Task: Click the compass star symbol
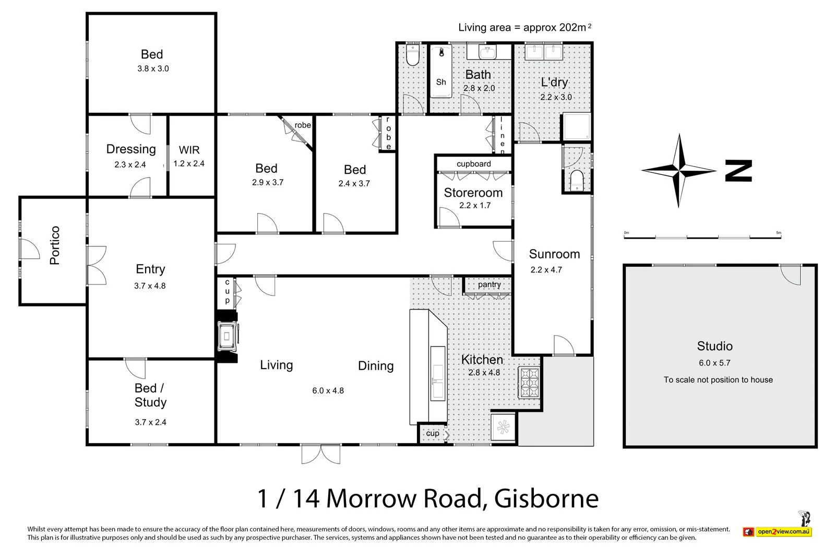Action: point(678,171)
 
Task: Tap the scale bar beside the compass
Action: point(702,237)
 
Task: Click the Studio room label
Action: point(714,346)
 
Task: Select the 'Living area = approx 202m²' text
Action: point(524,28)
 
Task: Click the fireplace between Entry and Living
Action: point(228,336)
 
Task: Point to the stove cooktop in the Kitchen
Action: point(529,382)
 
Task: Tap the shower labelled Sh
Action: point(441,72)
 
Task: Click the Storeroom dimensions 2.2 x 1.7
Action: point(475,206)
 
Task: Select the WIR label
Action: point(189,150)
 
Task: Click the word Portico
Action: point(55,245)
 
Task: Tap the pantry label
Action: point(489,285)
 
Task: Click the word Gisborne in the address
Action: point(546,499)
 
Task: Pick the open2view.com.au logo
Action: point(778,531)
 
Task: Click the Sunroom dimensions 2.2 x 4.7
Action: point(546,270)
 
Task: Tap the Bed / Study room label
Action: point(150,395)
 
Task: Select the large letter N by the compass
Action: point(738,171)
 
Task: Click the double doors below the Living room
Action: point(320,454)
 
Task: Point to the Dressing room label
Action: point(131,149)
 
